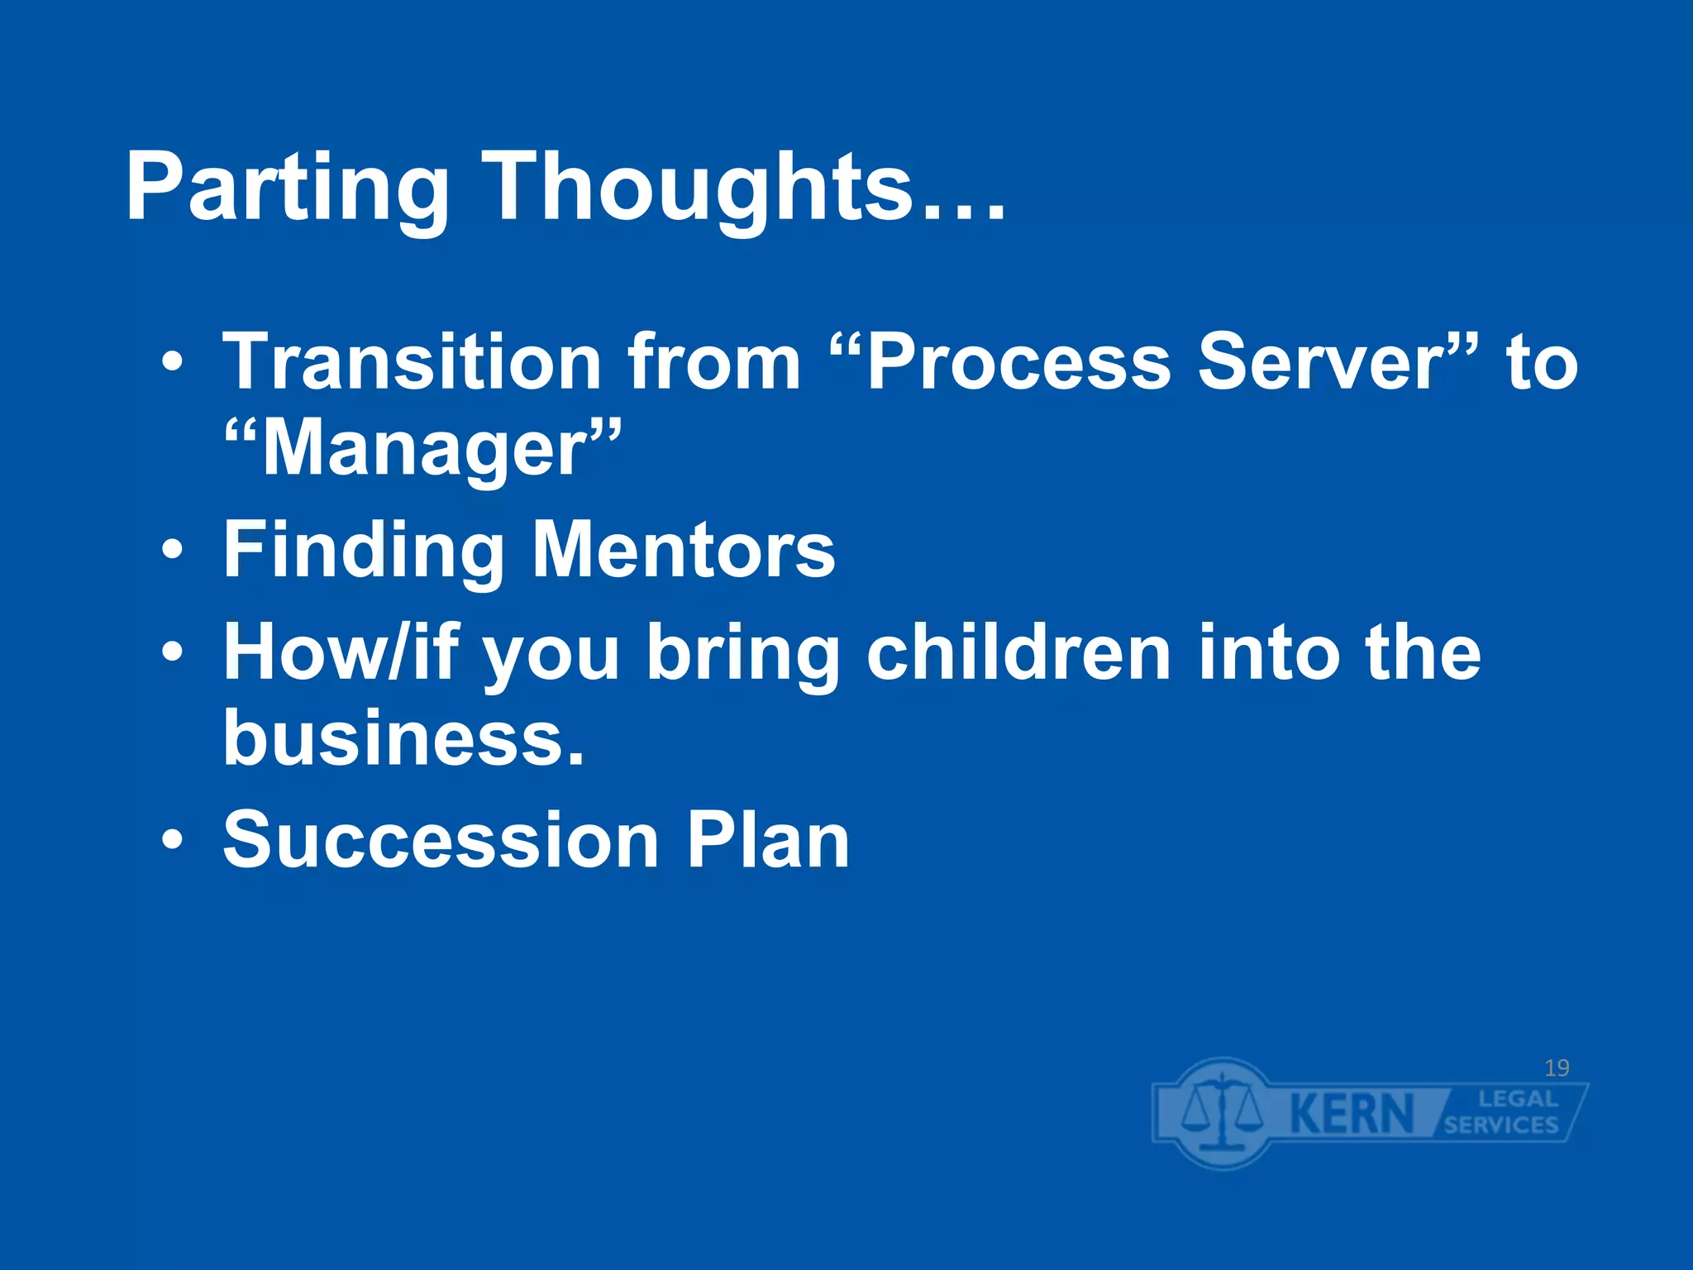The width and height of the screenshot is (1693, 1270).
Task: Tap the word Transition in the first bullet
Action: point(413,361)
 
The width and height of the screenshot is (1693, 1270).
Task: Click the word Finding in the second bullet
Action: point(364,551)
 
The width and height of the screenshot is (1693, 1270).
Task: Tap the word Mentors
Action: point(683,551)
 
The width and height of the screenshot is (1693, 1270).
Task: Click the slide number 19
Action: point(1557,1068)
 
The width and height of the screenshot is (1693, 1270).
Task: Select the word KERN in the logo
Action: point(1352,1114)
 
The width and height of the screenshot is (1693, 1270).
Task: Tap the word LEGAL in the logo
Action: point(1518,1099)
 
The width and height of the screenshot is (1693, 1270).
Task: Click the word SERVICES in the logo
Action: point(1501,1125)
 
